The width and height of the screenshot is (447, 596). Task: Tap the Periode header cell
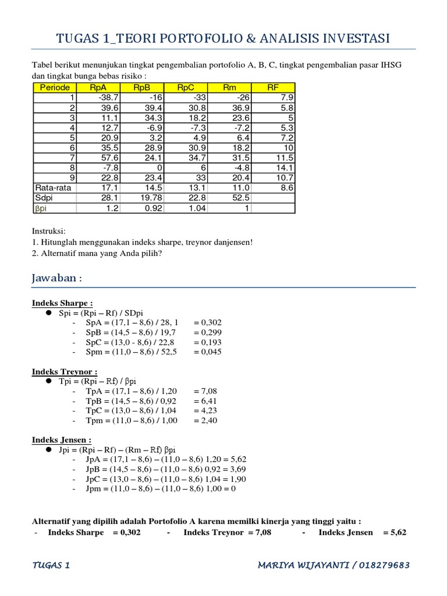pyautogui.click(x=54, y=88)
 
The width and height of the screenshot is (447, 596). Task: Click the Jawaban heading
pyautogui.click(x=56, y=278)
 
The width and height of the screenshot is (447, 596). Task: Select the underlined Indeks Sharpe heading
pyautogui.click(x=62, y=303)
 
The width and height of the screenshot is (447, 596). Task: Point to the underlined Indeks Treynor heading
pyautogui.click(x=64, y=371)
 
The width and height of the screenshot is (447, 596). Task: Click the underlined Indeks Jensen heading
pyautogui.click(x=61, y=440)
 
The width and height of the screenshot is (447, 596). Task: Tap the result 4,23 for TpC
pyautogui.click(x=205, y=410)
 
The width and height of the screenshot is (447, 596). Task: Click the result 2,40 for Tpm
pyautogui.click(x=205, y=420)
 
